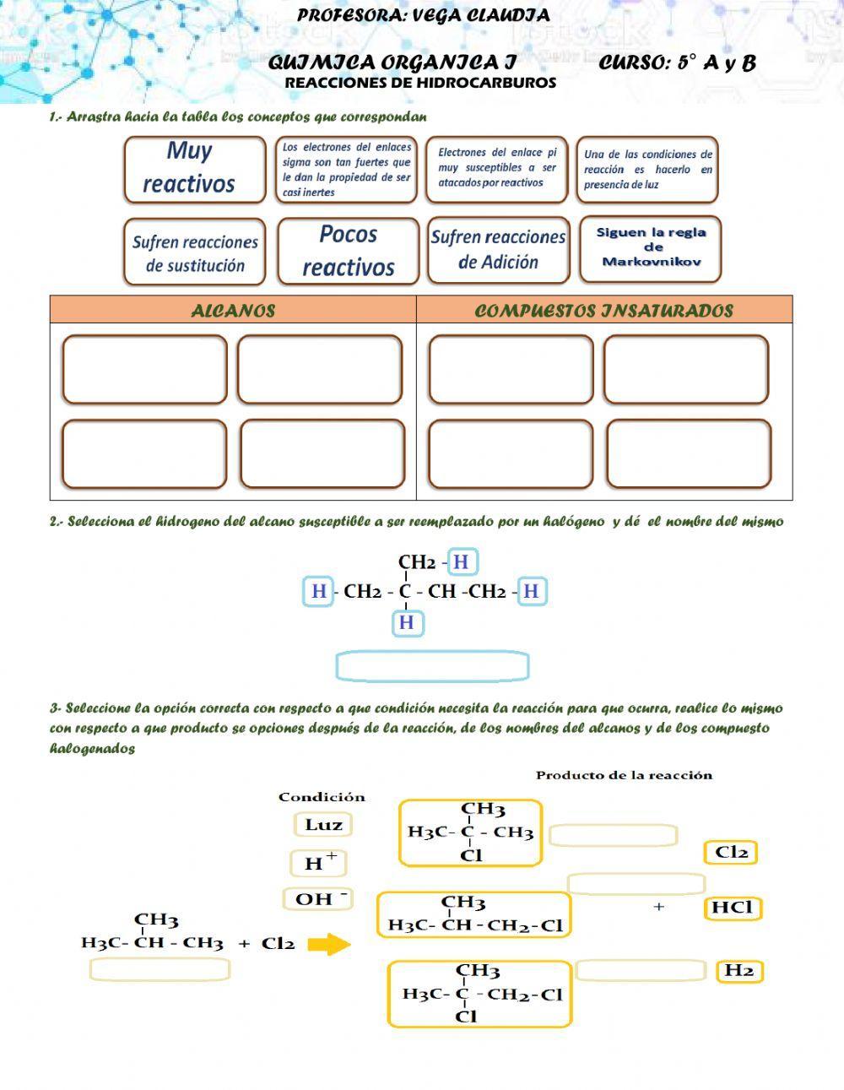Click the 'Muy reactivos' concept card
(x=195, y=169)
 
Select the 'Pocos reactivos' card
(x=348, y=251)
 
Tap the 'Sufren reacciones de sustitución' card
(x=195, y=252)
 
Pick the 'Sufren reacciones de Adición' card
(x=498, y=250)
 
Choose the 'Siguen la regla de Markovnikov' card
(x=650, y=248)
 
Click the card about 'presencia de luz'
(x=647, y=169)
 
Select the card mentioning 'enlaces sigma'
(x=347, y=169)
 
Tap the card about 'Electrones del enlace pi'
(x=497, y=169)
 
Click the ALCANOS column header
(x=233, y=310)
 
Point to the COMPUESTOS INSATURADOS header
(x=603, y=310)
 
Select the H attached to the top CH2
(x=461, y=562)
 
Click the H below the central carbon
(x=407, y=623)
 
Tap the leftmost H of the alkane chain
(x=318, y=591)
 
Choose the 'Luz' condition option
(x=323, y=825)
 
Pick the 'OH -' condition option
(x=318, y=899)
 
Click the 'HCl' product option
(x=732, y=908)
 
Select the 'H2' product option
(x=739, y=971)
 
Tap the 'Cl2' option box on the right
(x=731, y=853)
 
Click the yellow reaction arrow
(x=328, y=944)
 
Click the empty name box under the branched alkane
(x=160, y=969)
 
